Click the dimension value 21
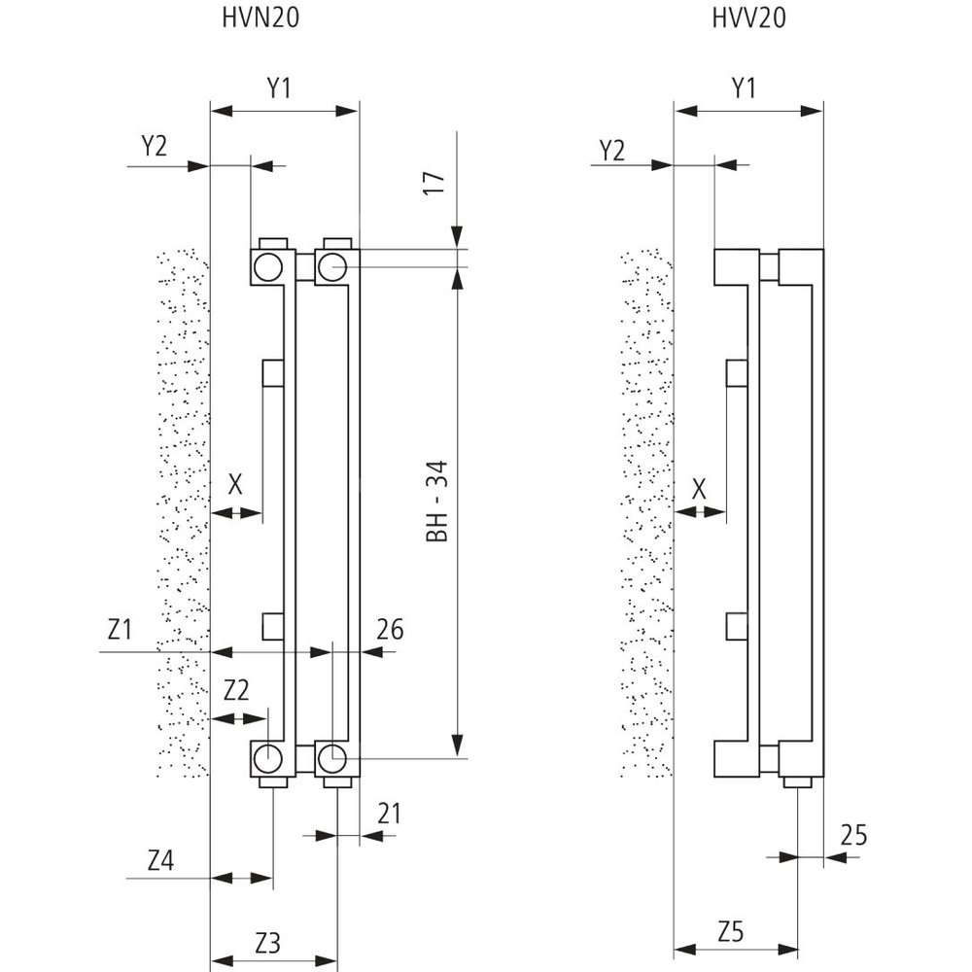pos(389,813)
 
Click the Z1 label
pos(120,629)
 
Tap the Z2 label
pos(236,691)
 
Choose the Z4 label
pos(161,859)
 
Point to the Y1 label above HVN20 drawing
pos(280,89)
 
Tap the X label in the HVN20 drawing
pos(233,483)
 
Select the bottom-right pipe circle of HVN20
pos(331,755)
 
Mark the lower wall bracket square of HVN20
pos(274,627)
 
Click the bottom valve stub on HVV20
pos(798,781)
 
